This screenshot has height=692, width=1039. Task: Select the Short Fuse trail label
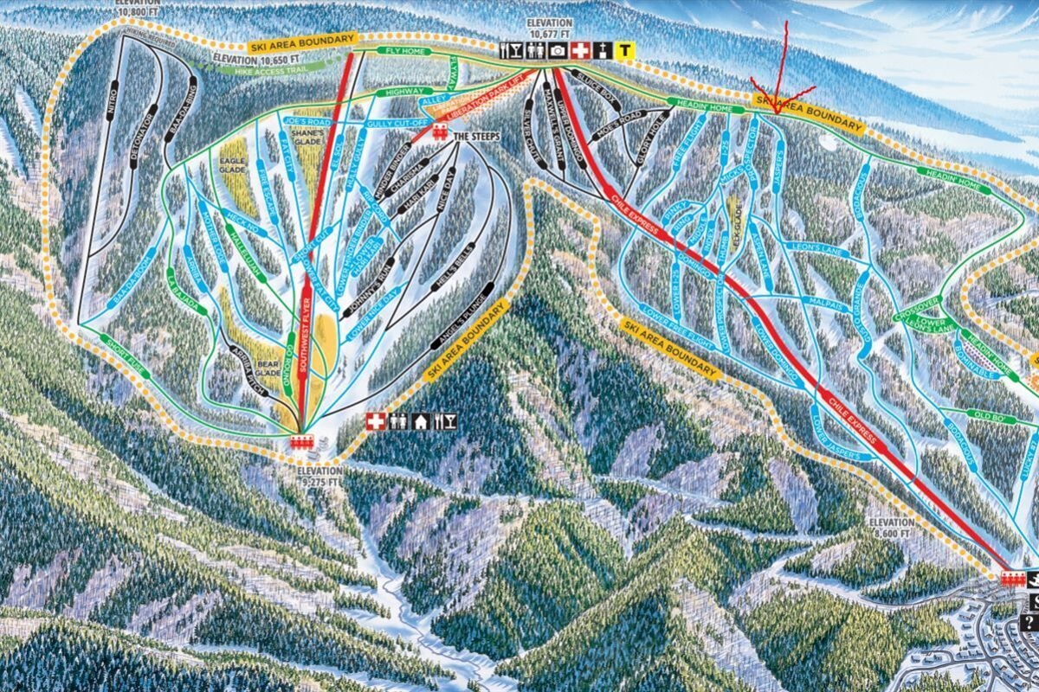pos(123,352)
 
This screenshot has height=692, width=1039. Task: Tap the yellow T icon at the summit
pos(623,51)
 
